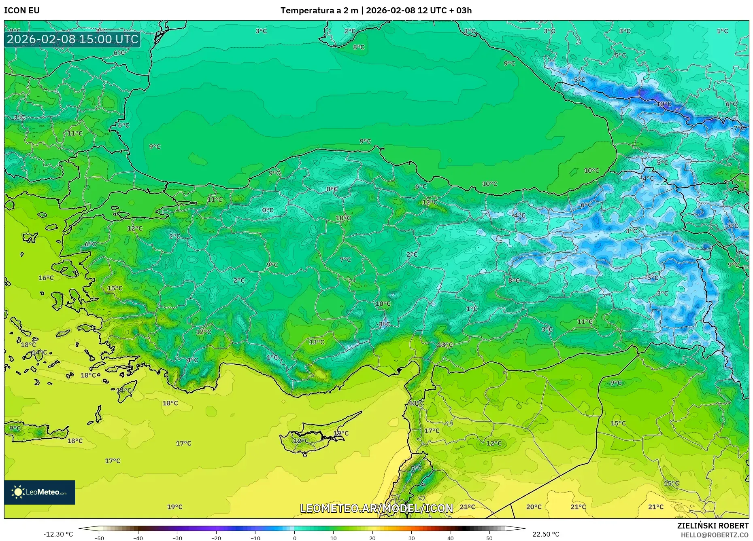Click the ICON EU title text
22,11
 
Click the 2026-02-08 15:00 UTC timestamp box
72,39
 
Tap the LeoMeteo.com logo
40,492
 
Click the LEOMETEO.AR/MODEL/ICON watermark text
376,508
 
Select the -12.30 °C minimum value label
58,534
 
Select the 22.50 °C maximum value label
546,534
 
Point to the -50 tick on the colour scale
99,538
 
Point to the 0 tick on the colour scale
294,538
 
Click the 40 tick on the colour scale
451,538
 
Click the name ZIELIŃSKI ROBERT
713,526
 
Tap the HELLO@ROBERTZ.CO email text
715,535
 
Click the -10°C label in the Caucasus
663,104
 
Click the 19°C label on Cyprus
341,433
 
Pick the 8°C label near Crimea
359,47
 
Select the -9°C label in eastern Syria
615,383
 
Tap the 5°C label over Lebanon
416,468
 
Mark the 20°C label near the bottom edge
534,507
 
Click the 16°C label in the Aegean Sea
46,278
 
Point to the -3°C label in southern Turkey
383,324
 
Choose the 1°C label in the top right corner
722,31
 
